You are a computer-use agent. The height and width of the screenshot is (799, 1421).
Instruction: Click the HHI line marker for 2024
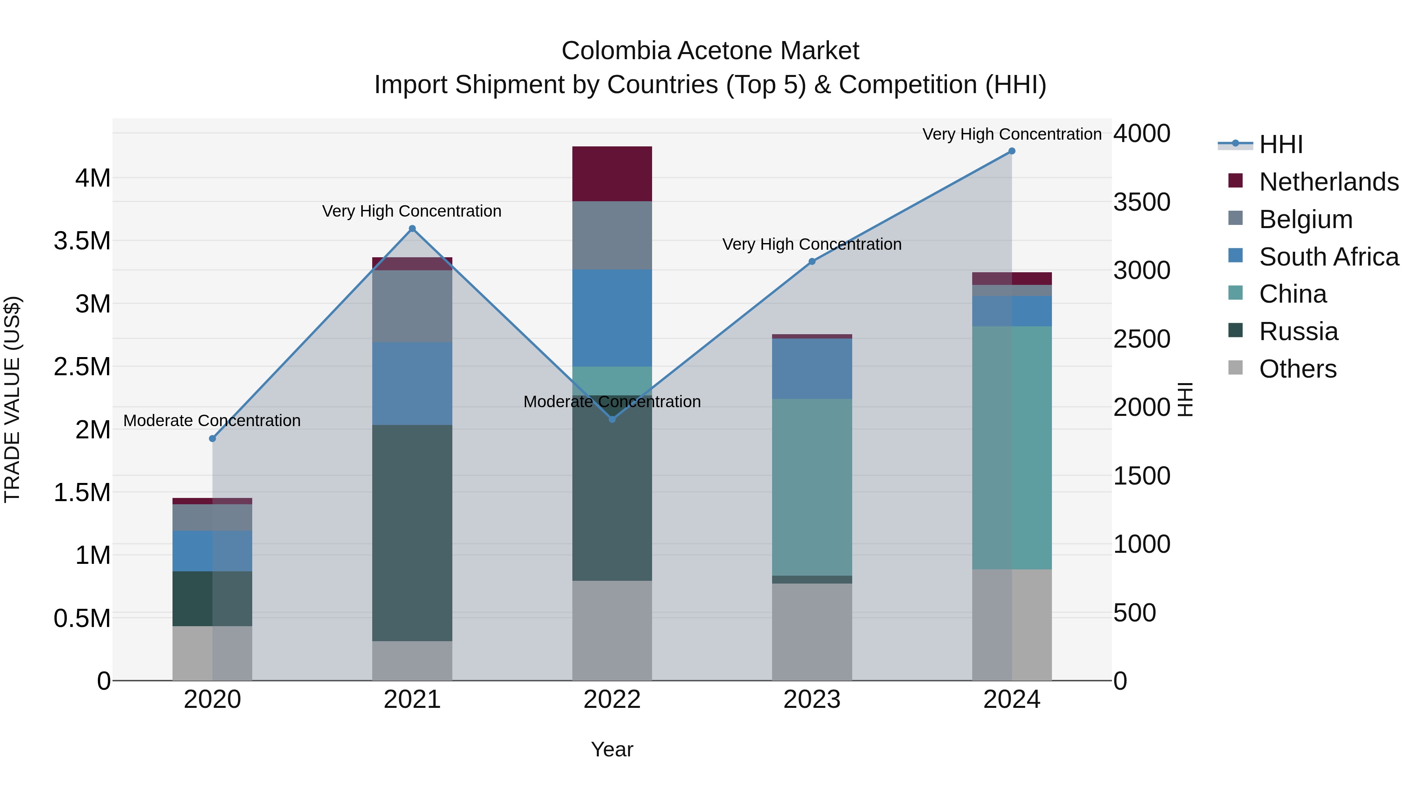1012,151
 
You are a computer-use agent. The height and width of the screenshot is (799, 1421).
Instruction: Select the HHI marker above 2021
412,229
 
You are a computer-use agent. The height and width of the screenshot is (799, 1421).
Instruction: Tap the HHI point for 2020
212,438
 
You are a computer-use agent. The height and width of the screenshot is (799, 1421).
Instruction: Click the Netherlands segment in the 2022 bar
612,174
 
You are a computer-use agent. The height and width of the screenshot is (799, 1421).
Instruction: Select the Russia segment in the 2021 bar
412,532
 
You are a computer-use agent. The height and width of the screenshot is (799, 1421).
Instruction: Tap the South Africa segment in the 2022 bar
612,318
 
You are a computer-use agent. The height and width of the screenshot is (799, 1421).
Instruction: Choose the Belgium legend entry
1305,219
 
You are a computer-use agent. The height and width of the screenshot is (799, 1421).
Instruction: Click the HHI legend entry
1280,144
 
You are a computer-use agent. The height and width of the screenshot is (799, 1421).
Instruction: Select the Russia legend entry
1298,331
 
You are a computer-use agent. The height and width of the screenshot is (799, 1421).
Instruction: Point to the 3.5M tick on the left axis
82,241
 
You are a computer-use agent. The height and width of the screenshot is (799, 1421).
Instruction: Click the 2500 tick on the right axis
1141,339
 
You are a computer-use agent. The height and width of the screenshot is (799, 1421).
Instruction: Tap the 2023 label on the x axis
812,700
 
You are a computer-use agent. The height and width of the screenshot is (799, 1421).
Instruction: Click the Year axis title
612,749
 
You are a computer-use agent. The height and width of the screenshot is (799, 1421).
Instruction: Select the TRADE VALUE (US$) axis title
12,399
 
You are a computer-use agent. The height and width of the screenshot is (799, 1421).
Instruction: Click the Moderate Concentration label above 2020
212,421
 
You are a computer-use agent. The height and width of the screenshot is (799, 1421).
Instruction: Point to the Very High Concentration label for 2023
812,244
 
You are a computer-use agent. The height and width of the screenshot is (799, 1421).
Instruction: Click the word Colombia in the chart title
616,51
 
